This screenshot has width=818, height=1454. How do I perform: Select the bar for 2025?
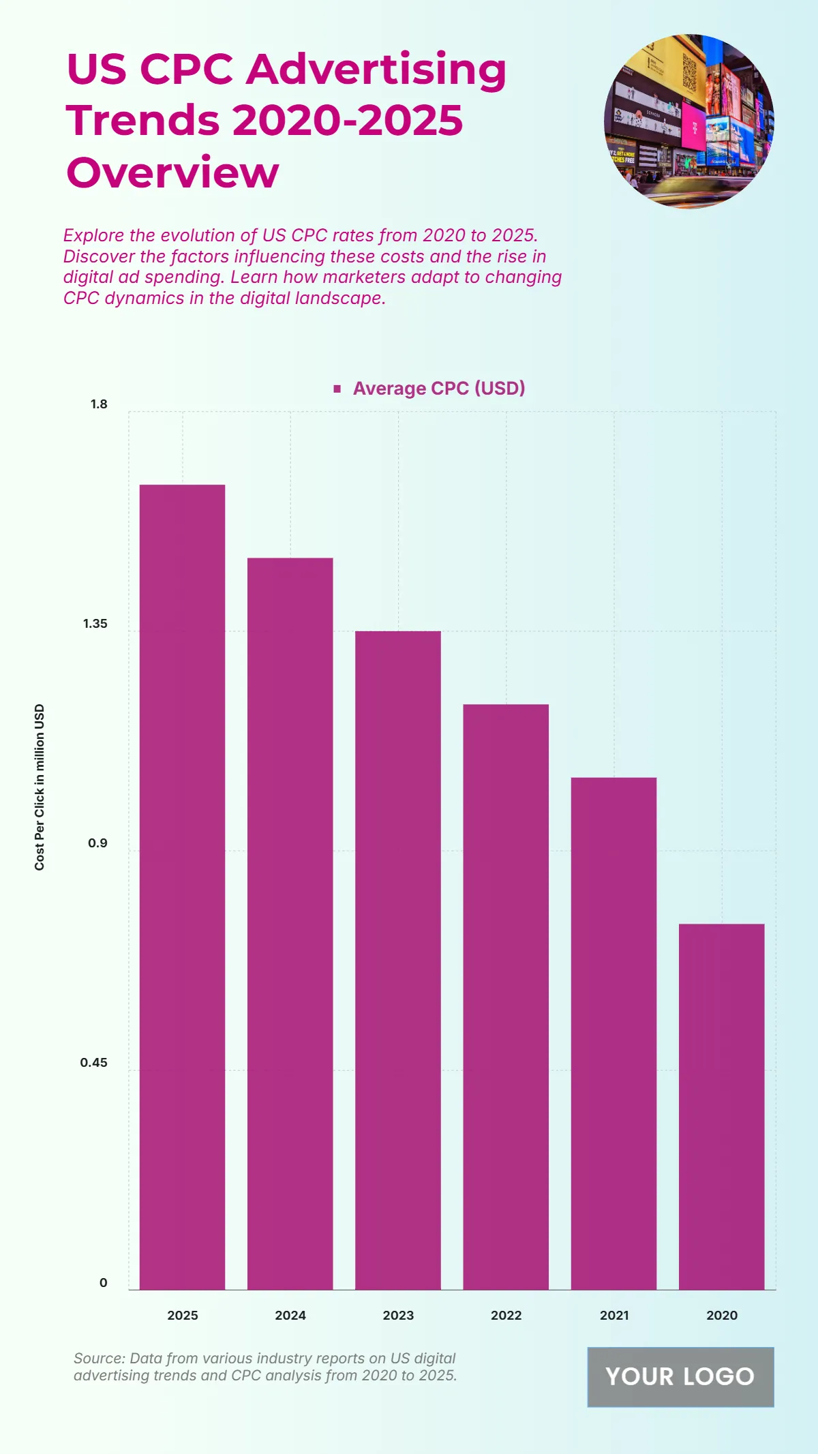coord(182,886)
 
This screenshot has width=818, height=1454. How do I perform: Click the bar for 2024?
coord(290,924)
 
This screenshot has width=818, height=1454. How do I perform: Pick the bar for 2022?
coord(506,997)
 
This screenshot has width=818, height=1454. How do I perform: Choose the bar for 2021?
coord(613,1033)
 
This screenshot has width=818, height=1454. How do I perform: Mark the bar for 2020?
coord(721,1106)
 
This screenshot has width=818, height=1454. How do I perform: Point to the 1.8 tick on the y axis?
coord(99,404)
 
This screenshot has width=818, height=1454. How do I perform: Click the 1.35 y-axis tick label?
coord(95,624)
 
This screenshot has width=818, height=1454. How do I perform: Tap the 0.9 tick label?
coord(97,843)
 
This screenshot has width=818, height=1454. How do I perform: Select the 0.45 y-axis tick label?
coord(93,1063)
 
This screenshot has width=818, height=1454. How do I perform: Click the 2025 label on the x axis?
coord(183,1316)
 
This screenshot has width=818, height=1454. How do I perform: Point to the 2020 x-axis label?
coord(722,1316)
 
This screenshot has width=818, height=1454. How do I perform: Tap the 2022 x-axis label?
coord(506,1316)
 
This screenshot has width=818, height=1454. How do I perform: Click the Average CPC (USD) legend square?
coord(337,389)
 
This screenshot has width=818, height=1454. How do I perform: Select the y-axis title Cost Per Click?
coord(40,787)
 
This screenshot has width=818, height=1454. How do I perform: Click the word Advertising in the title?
coord(376,71)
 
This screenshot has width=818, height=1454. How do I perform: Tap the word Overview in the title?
coord(172,172)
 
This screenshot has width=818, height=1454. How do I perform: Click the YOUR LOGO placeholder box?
coord(680,1377)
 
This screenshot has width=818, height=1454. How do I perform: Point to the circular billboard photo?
coord(688,121)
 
